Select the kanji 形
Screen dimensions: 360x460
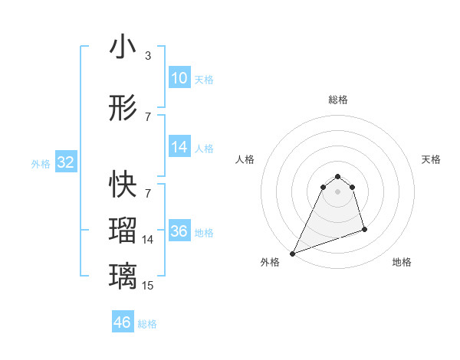pyautogui.click(x=123, y=109)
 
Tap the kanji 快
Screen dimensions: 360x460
pyautogui.click(x=123, y=184)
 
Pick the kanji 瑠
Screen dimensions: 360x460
pyautogui.click(x=123, y=230)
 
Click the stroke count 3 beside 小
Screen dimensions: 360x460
pyautogui.click(x=148, y=56)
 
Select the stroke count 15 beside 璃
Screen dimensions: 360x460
pyautogui.click(x=148, y=286)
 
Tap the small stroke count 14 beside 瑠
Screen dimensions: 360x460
pyautogui.click(x=148, y=240)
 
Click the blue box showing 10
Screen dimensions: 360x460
pyautogui.click(x=179, y=78)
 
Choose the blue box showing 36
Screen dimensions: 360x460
pyautogui.click(x=179, y=231)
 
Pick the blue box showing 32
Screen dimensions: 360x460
pyautogui.click(x=65, y=162)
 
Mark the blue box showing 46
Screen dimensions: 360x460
pyautogui.click(x=123, y=322)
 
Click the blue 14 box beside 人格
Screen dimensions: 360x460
pyautogui.click(x=179, y=147)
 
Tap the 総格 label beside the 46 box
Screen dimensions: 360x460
pyautogui.click(x=147, y=324)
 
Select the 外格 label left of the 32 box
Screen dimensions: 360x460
pyautogui.click(x=41, y=163)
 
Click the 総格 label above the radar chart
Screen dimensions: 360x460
pyautogui.click(x=337, y=100)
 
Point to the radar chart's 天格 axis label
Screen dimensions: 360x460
pyautogui.click(x=431, y=159)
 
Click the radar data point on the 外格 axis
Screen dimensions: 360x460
pyautogui.click(x=292, y=253)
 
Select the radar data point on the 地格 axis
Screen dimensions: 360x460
pyautogui.click(x=364, y=229)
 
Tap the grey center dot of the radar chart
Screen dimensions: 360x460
pyautogui.click(x=337, y=201)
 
